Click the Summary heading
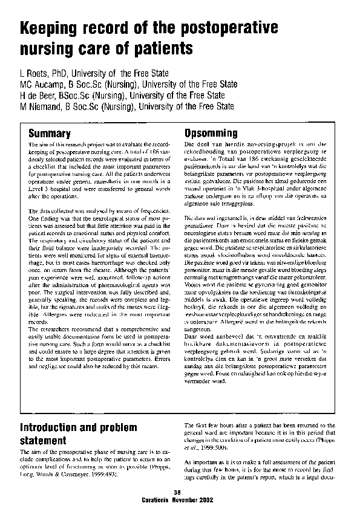point(50,133)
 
